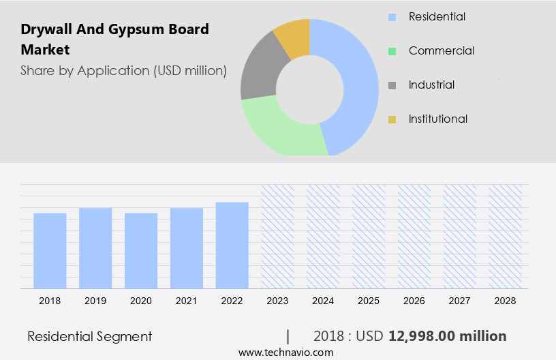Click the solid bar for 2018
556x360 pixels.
pyautogui.click(x=50, y=250)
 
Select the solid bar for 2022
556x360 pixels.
pyautogui.click(x=232, y=245)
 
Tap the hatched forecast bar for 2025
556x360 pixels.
pyautogui.click(x=369, y=237)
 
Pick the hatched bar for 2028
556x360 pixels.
pyautogui.click(x=505, y=237)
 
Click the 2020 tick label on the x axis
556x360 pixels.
pyautogui.click(x=141, y=300)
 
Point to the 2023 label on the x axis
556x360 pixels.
pyautogui.click(x=277, y=300)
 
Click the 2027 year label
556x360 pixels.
pyautogui.click(x=459, y=300)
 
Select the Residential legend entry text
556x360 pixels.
pyautogui.click(x=437, y=16)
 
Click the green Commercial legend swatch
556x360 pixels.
pyautogui.click(x=392, y=51)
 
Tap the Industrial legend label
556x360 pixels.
pyautogui.click(x=431, y=85)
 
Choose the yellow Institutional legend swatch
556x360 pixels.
pyautogui.click(x=392, y=119)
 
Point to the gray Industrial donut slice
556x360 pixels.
pyautogui.click(x=258, y=72)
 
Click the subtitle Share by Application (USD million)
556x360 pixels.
pyautogui.click(x=123, y=70)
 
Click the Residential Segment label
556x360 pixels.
pyautogui.click(x=90, y=336)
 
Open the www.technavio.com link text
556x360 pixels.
pyautogui.click(x=285, y=352)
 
